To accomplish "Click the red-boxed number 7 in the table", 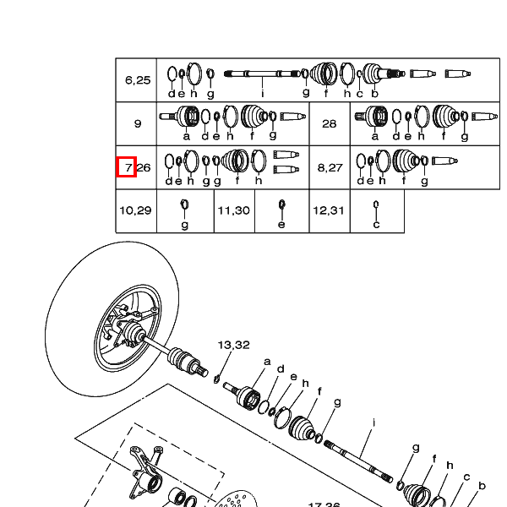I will click(127, 167).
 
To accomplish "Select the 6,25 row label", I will click(138, 80).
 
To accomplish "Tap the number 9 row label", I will click(138, 123).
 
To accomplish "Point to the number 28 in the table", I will click(330, 123).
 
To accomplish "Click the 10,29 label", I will click(136, 210).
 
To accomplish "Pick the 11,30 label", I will click(234, 210).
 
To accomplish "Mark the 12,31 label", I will click(329, 210).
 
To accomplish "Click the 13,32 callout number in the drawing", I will click(233, 345).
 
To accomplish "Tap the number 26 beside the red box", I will click(144, 167).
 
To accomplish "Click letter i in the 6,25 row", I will click(263, 93).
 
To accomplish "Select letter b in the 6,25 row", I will click(373, 93).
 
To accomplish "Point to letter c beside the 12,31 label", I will click(376, 224).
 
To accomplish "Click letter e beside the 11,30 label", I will click(282, 224).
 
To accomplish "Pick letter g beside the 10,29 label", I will click(185, 224).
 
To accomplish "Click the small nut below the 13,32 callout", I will click(217, 376).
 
